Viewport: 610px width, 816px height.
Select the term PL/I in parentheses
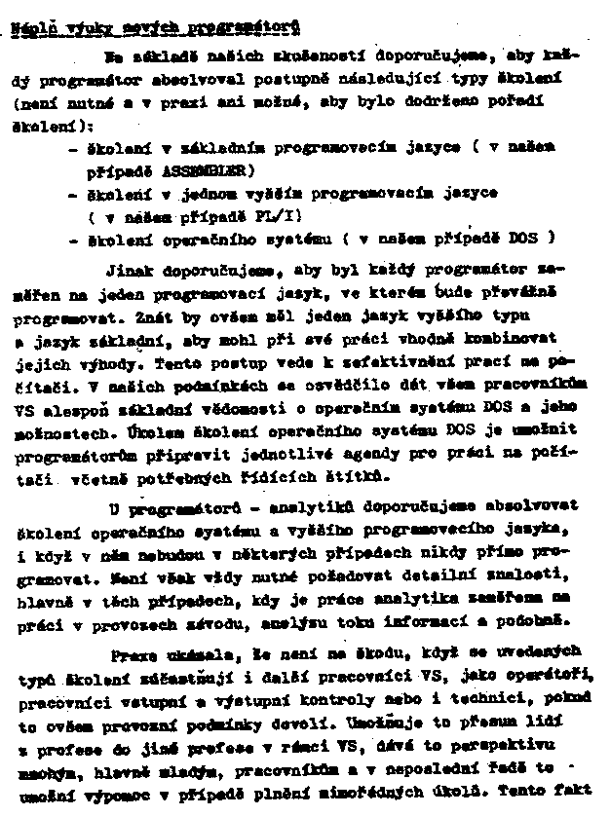pos(278,216)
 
